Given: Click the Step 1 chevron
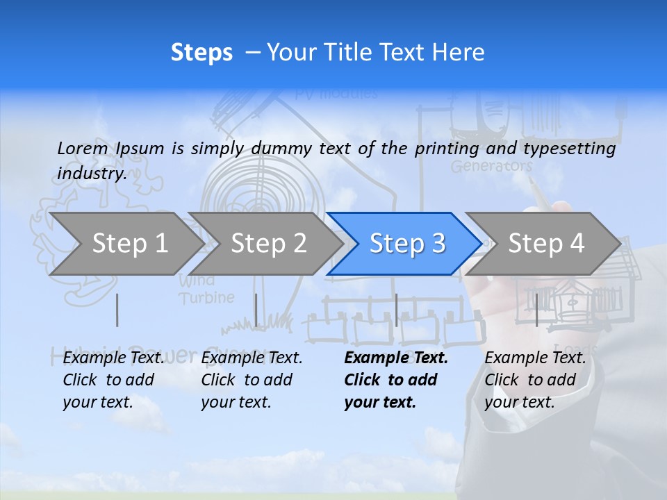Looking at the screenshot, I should (129, 244).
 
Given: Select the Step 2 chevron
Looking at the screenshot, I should (268, 244).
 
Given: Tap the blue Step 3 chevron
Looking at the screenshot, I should (407, 244).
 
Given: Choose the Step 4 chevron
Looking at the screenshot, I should (546, 244).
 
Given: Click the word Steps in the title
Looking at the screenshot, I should (201, 53).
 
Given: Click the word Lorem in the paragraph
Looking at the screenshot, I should (82, 149).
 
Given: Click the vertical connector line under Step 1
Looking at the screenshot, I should (117, 310).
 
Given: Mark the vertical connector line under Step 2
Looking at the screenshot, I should (256, 310).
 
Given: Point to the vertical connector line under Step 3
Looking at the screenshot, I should (396, 310).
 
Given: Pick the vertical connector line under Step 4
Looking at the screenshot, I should (536, 310).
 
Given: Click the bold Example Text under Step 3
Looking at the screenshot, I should (396, 358).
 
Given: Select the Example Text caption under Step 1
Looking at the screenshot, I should (114, 358).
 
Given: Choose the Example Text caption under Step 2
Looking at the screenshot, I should (252, 358).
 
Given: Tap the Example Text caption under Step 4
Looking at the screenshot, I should (536, 358).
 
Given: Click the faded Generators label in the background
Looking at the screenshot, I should (491, 167).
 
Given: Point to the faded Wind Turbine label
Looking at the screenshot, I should (206, 290).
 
